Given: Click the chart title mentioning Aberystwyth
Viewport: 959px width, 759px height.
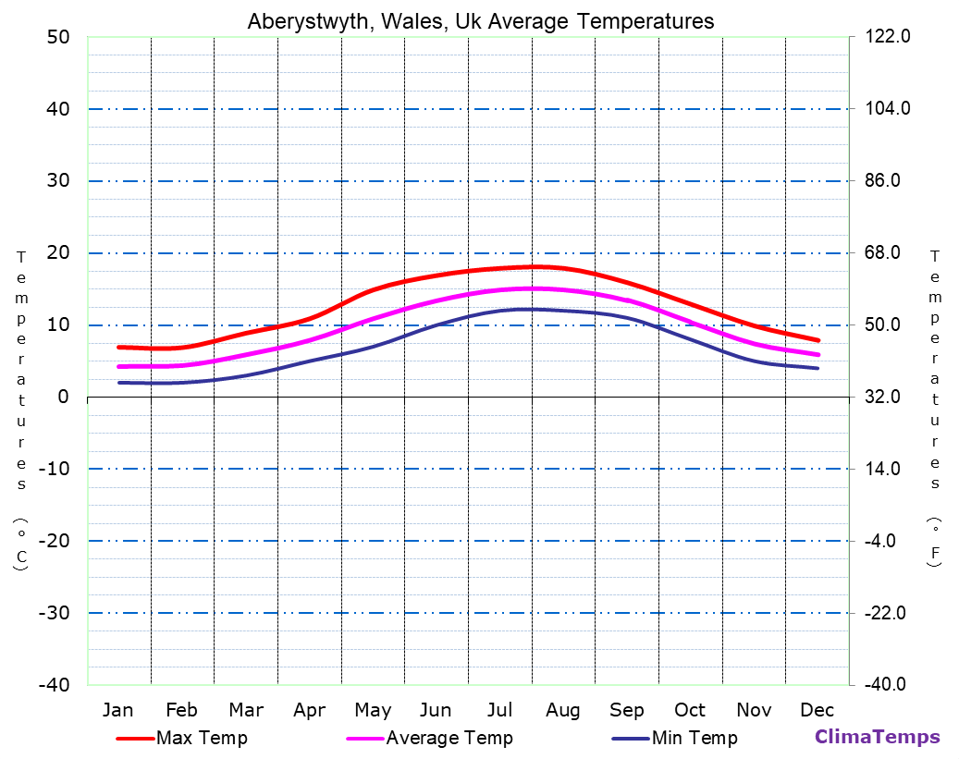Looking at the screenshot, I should [x=480, y=21].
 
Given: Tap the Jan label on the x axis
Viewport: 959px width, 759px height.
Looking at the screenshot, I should [x=117, y=710].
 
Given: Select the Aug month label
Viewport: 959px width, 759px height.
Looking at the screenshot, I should [x=562, y=710].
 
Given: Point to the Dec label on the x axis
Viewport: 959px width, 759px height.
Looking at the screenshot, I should [x=817, y=710].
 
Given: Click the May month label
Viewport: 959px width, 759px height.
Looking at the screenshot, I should [x=373, y=710].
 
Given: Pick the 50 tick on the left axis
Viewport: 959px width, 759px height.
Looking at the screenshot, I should [x=57, y=37].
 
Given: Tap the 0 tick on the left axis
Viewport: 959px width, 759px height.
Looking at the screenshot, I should [x=63, y=397].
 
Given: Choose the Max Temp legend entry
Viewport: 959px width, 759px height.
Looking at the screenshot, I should [x=202, y=738].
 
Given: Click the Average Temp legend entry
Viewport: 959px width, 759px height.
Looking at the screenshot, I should [x=449, y=738].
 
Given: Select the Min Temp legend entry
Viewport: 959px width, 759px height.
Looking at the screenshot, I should [x=694, y=738].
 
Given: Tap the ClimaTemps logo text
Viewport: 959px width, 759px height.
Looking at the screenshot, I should [x=877, y=737].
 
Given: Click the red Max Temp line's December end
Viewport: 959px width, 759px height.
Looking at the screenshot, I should [x=818, y=340].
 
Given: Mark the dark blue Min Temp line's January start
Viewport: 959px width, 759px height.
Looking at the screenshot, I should [x=119, y=382].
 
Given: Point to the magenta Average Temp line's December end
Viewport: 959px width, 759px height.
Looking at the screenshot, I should [x=818, y=354].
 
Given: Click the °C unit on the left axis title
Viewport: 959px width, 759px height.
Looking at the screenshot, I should [x=20, y=545].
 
